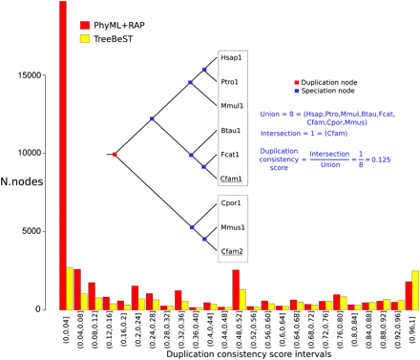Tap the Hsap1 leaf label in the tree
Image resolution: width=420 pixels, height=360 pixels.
coord(231,57)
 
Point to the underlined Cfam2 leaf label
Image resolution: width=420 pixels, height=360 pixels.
coord(232,251)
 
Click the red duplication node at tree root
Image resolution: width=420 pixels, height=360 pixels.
coord(115,154)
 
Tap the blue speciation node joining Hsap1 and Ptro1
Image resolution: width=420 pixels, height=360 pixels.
coord(203,70)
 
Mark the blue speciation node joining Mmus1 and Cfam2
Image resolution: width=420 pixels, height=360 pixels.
coord(204,239)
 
